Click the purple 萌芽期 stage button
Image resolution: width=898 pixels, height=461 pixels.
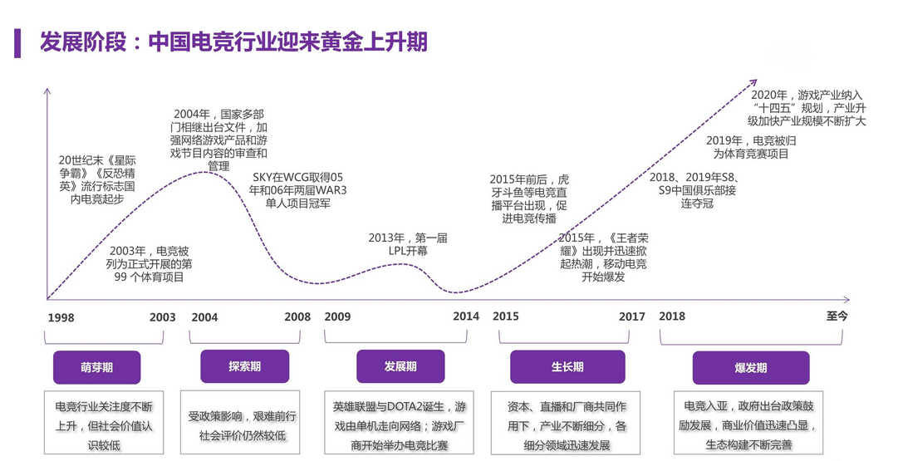click(x=96, y=367)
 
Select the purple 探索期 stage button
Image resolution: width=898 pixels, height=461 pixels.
click(x=244, y=366)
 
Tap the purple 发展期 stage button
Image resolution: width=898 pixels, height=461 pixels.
click(x=400, y=366)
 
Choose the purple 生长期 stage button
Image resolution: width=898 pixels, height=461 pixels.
click(x=567, y=367)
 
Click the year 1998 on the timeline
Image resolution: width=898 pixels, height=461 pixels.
click(x=61, y=317)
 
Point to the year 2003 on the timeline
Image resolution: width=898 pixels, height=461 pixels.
click(x=163, y=317)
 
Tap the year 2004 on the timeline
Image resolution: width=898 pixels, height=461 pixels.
click(x=204, y=317)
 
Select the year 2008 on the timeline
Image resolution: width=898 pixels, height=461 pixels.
click(x=297, y=317)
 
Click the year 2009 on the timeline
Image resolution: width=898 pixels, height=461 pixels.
click(x=337, y=317)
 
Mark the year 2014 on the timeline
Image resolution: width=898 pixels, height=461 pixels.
click(x=466, y=317)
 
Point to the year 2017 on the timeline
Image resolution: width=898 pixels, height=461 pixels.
click(x=632, y=317)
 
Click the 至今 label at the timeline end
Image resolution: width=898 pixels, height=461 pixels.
click(x=837, y=316)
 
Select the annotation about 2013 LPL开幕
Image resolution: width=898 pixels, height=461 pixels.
click(x=408, y=244)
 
